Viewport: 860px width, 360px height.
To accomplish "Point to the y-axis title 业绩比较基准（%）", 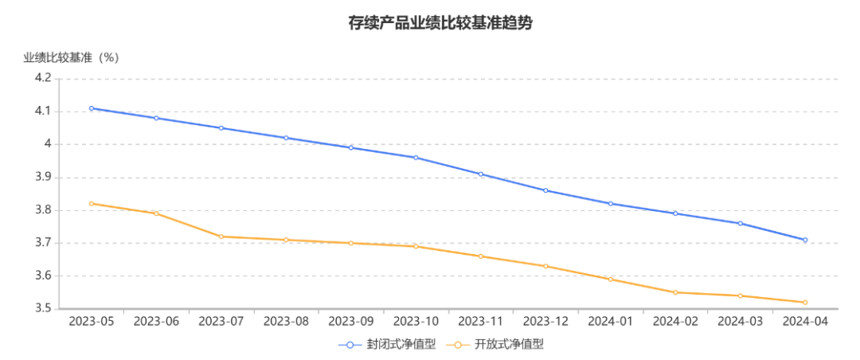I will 71,57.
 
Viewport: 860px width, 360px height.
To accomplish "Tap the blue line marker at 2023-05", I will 92,108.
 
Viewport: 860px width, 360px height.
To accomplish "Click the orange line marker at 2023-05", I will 92,203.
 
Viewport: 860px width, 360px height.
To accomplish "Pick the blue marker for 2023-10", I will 416,158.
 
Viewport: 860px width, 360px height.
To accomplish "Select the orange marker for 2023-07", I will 221,237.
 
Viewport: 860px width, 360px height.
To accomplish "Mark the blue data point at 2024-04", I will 805,240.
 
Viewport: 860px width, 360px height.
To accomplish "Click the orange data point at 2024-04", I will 805,302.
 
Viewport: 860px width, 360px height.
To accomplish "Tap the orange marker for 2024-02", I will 675,292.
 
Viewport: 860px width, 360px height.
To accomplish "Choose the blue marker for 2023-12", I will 545,190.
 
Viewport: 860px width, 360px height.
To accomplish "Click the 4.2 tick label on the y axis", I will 43,78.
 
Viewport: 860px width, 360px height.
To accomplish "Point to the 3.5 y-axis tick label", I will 43,308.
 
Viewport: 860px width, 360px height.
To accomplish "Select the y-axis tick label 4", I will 47,144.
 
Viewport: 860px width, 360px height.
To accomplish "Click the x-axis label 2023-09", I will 351,322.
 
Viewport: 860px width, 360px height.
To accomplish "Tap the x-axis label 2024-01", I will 611,322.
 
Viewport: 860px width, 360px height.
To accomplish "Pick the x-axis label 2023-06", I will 157,322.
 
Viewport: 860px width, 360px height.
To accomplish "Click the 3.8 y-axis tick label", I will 43,210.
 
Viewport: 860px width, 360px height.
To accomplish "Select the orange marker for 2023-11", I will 481,256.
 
